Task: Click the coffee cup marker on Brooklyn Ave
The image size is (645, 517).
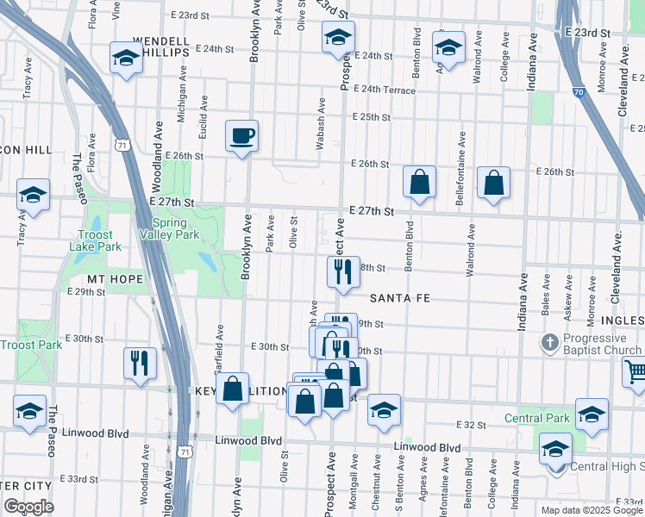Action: (x=241, y=135)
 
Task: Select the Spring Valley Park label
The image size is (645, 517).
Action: (x=170, y=228)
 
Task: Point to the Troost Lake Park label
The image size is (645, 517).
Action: (x=95, y=240)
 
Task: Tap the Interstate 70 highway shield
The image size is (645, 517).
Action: (x=578, y=90)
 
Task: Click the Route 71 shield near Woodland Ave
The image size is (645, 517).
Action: (x=124, y=146)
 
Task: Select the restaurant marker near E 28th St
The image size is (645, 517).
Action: (x=342, y=271)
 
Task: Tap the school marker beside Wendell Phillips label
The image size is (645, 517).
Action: (x=126, y=58)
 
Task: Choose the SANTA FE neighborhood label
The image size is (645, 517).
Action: (x=400, y=298)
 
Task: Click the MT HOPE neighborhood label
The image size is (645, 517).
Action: (x=108, y=279)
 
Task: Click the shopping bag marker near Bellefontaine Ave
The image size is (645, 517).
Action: (x=492, y=182)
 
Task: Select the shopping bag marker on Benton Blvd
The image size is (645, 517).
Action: (x=419, y=182)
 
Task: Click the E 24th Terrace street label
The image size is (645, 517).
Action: (x=384, y=90)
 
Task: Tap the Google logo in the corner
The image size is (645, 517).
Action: (x=28, y=507)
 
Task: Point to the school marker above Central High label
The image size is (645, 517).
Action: (x=556, y=447)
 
